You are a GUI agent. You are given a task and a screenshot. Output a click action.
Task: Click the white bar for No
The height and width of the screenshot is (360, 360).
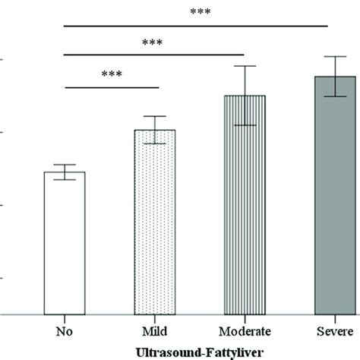[x=65, y=243]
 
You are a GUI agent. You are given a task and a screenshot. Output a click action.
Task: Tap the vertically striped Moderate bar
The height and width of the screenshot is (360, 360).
[x=245, y=205]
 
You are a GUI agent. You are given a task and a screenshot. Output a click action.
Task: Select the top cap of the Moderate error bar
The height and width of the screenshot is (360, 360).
[x=245, y=66]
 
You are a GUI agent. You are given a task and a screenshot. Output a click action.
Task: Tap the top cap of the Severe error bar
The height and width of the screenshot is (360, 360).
[x=335, y=57]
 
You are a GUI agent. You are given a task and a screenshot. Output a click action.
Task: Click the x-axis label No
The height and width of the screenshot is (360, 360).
[x=65, y=331]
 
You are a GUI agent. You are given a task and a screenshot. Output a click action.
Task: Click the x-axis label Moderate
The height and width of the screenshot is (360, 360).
[x=245, y=331]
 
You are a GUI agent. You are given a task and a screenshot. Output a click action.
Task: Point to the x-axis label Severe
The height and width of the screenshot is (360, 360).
[x=335, y=331]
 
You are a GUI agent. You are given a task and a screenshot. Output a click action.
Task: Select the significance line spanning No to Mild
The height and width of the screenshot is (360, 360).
[x=111, y=87]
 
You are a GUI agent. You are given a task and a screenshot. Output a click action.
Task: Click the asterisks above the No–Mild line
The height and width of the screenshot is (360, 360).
[x=111, y=75]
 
